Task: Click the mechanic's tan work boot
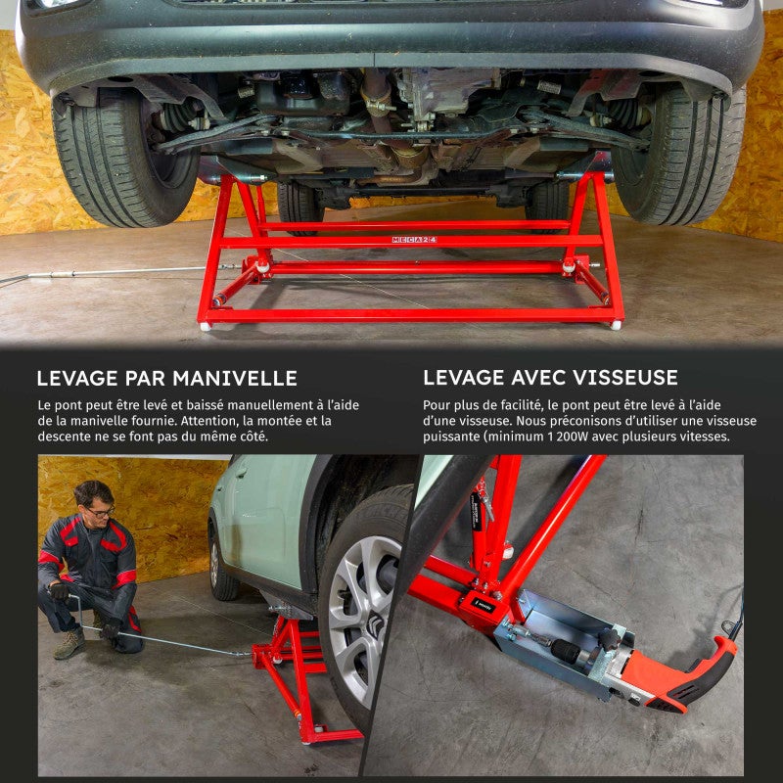(x=69, y=643)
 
